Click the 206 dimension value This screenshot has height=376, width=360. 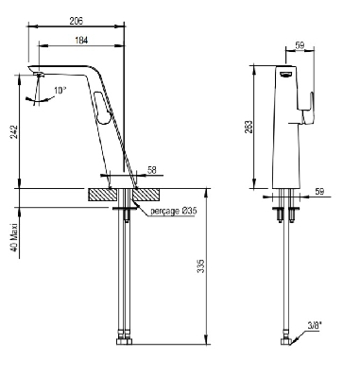coord(76,21)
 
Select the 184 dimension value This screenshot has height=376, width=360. coord(81,41)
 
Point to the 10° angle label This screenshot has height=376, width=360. coord(60,91)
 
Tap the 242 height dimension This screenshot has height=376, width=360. coord(14,132)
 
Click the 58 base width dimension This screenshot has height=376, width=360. coord(152,170)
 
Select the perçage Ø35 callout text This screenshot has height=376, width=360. coord(174,211)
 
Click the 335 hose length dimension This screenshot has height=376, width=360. coord(200,266)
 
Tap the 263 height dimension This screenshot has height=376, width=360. coord(249,127)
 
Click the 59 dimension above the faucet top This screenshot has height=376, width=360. coord(300,45)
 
